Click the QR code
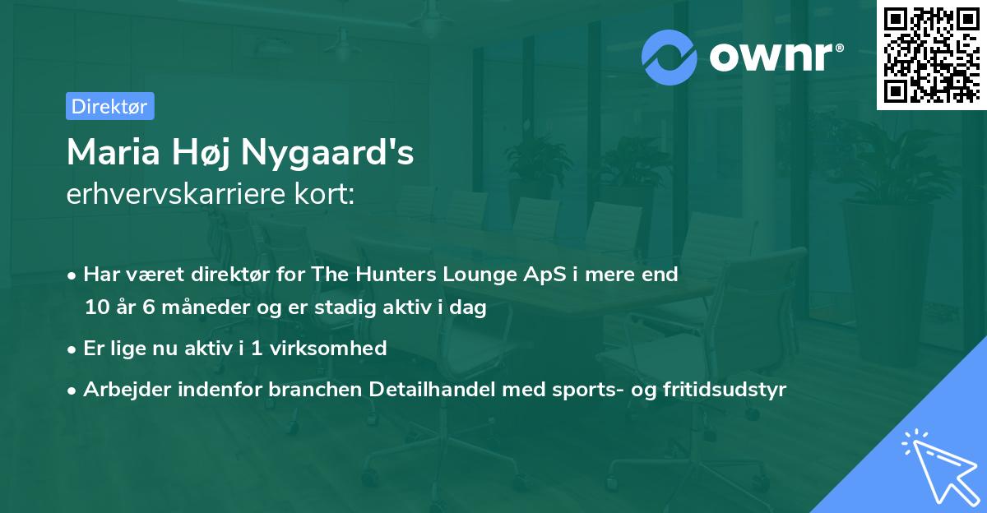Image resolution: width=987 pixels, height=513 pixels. point(932,55)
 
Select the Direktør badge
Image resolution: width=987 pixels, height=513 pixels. point(109,106)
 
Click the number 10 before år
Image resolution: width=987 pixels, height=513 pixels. point(97,307)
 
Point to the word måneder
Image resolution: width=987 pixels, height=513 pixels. point(202,308)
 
